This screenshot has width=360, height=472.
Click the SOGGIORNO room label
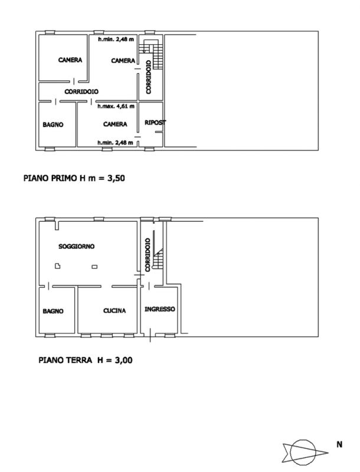point(77,246)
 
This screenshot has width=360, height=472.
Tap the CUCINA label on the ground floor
point(114,311)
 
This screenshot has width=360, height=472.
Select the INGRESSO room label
point(159,309)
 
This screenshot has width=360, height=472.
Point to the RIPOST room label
point(155,123)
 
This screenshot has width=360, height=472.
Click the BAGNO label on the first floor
point(53,124)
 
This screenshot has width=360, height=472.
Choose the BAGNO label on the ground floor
point(53,312)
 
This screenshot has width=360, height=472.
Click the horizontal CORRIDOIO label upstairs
point(81,91)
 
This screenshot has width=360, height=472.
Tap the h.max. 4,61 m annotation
point(116,106)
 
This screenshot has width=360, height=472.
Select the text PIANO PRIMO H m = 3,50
point(74,178)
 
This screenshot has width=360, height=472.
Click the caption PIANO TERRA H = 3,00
point(86,360)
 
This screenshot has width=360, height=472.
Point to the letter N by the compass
point(339,444)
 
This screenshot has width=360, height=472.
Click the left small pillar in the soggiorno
point(57,266)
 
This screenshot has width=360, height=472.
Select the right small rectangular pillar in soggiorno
point(94,267)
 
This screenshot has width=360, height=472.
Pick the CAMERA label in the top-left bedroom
point(70,60)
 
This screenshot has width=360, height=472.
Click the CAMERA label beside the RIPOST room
point(115,124)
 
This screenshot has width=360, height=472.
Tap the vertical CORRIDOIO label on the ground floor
point(148,255)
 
